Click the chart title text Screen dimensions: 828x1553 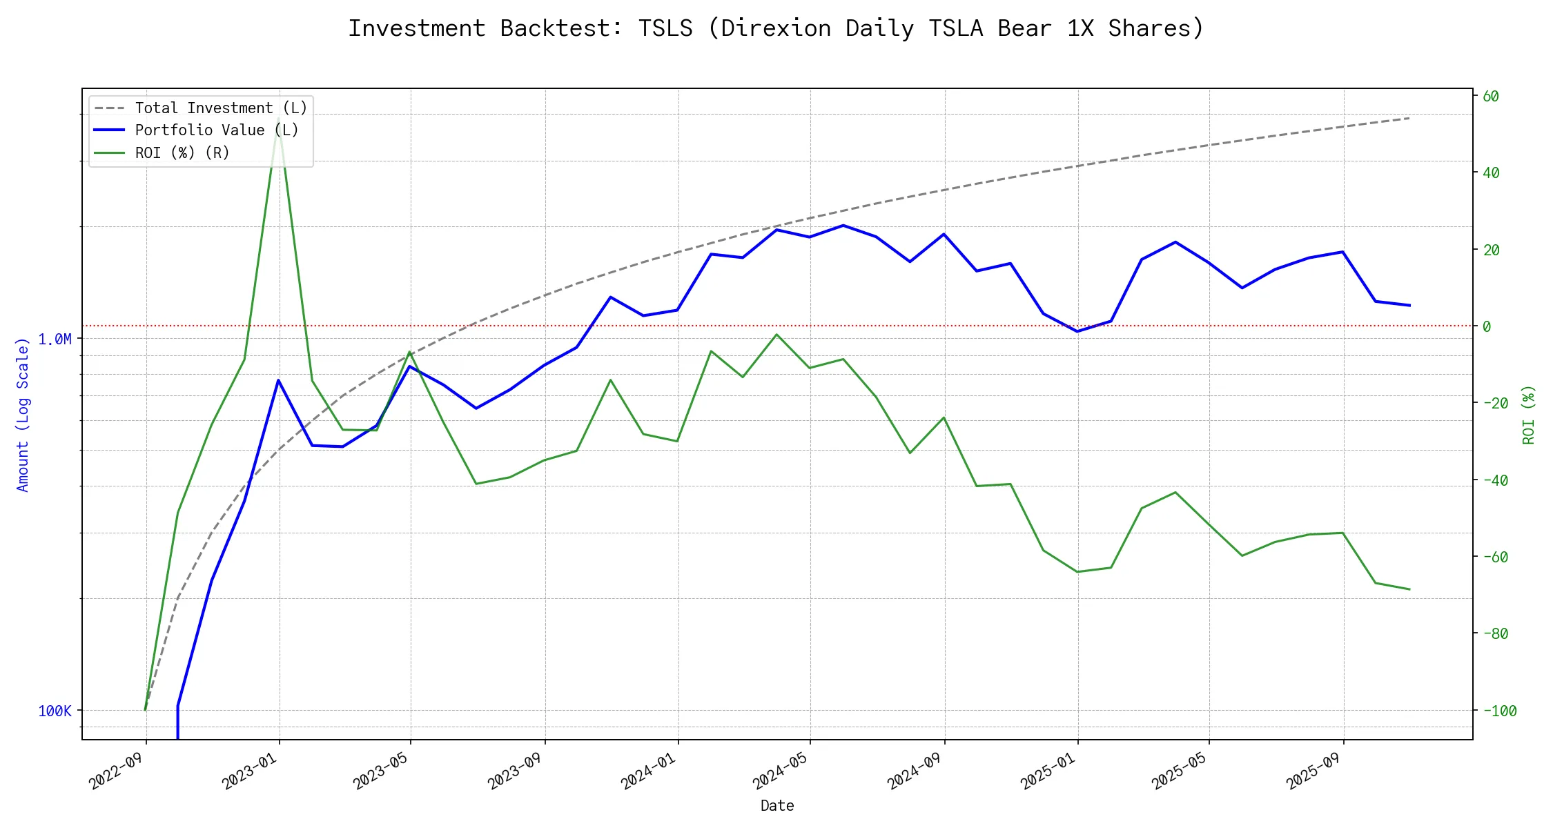click(776, 28)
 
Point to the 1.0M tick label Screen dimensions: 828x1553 click(55, 339)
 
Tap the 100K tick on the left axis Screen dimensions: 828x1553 click(55, 711)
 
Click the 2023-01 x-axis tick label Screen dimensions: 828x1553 click(250, 770)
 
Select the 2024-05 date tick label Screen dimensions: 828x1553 click(781, 770)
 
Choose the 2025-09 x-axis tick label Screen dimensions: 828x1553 click(1313, 770)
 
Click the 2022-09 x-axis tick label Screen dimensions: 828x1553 click(117, 770)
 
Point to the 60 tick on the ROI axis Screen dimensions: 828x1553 click(1491, 97)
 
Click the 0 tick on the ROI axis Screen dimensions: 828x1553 click(1487, 326)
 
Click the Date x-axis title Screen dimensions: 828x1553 click(777, 806)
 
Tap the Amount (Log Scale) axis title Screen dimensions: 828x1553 click(23, 415)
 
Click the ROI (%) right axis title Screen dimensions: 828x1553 click(1528, 415)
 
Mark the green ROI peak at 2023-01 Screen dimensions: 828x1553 click(278, 119)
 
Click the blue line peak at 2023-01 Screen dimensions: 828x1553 click(278, 380)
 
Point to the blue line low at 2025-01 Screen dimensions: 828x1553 click(1077, 331)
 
